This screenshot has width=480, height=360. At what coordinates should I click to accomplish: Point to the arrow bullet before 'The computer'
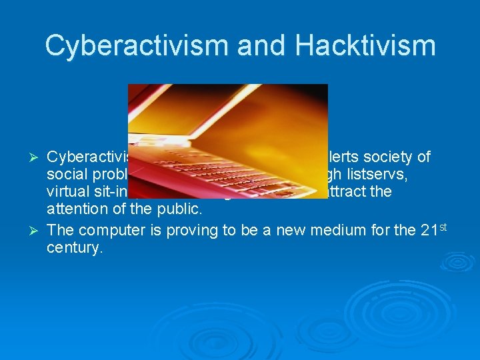point(37,231)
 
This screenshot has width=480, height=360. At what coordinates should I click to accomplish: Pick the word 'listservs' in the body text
point(403,175)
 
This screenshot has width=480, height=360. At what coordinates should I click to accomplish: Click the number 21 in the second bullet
point(431,231)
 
